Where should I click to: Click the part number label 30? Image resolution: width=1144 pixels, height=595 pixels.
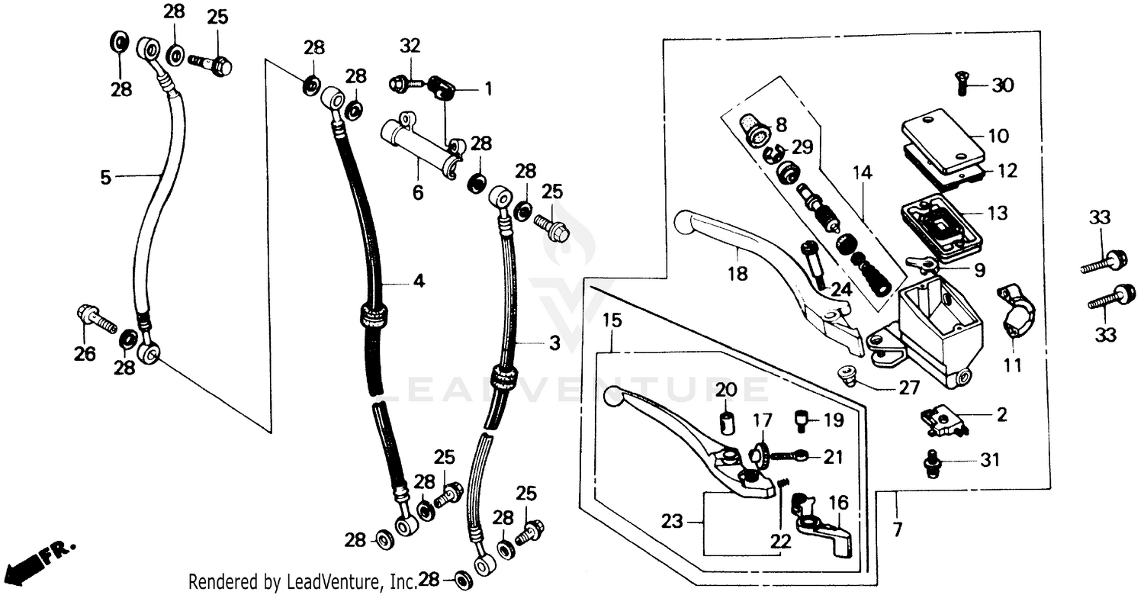[1002, 85]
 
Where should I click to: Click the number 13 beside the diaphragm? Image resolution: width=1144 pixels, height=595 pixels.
[998, 213]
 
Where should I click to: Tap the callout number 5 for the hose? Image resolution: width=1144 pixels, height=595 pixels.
[106, 178]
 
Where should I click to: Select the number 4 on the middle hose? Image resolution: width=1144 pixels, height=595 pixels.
[419, 281]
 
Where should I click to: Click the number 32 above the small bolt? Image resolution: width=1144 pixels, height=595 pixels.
[410, 45]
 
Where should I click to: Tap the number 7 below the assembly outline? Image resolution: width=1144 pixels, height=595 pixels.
[897, 527]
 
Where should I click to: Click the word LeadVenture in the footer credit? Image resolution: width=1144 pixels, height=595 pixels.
[335, 584]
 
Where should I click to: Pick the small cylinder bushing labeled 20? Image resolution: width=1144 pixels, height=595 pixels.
[727, 422]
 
